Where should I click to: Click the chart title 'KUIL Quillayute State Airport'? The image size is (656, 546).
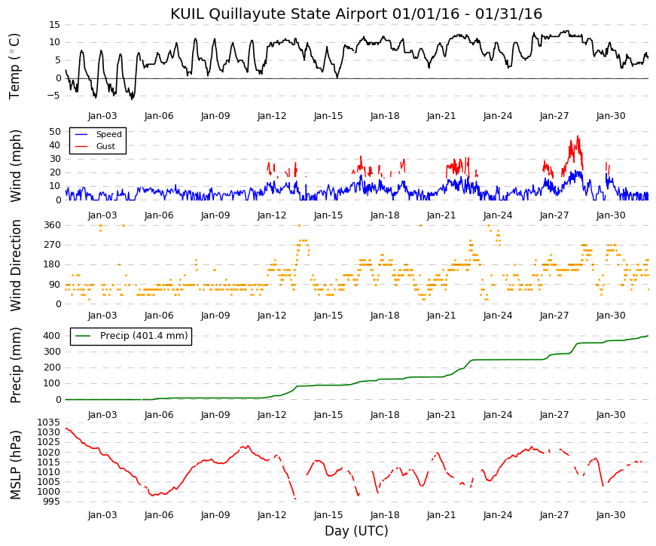pyautogui.click(x=279, y=14)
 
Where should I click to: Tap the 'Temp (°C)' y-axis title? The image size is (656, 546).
pyautogui.click(x=14, y=66)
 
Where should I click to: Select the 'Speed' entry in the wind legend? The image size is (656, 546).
pyautogui.click(x=108, y=134)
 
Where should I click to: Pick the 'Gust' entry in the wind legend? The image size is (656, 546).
pyautogui.click(x=105, y=146)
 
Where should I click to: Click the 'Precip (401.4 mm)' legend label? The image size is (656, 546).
pyautogui.click(x=144, y=336)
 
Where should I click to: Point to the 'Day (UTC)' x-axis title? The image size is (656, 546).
pyautogui.click(x=356, y=531)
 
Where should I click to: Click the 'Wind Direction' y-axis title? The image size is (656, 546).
pyautogui.click(x=16, y=266)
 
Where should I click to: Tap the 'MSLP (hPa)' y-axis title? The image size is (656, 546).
pyautogui.click(x=16, y=465)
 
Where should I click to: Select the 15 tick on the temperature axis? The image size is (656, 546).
pyautogui.click(x=55, y=25)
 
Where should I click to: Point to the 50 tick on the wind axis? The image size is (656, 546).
pyautogui.click(x=55, y=131)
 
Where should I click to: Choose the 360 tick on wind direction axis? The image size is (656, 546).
pyautogui.click(x=52, y=225)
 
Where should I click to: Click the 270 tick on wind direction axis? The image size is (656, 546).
pyautogui.click(x=52, y=245)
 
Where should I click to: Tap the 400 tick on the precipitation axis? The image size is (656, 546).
pyautogui.click(x=52, y=336)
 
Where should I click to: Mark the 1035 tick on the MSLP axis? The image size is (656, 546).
pyautogui.click(x=49, y=422)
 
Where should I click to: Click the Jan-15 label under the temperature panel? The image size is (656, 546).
pyautogui.click(x=328, y=116)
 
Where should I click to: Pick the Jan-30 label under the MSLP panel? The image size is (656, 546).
pyautogui.click(x=611, y=515)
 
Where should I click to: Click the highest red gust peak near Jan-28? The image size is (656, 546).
pyautogui.click(x=578, y=136)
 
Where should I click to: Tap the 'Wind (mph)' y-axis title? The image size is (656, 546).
pyautogui.click(x=16, y=166)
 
